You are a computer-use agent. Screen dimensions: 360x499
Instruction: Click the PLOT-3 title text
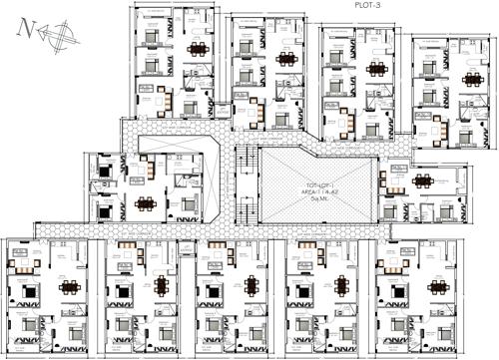(369, 5)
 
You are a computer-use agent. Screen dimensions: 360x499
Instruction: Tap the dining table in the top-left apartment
(198, 49)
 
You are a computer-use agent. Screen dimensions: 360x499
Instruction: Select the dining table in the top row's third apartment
(377, 69)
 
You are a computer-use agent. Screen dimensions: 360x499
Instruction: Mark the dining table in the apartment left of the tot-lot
(147, 204)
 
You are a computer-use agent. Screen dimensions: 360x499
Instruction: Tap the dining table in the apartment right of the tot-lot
(423, 181)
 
